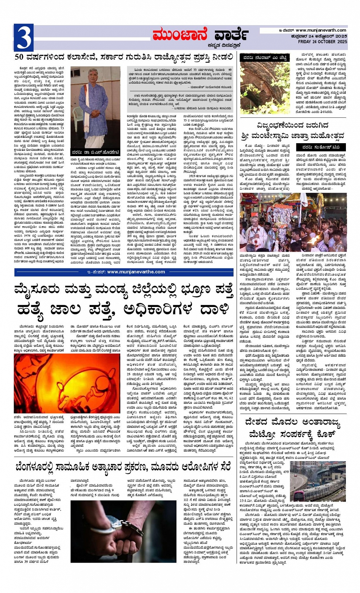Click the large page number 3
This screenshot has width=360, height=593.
(23, 37)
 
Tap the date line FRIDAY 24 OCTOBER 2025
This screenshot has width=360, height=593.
(322, 42)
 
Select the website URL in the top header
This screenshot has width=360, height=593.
(321, 30)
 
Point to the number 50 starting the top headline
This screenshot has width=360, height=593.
(20, 58)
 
